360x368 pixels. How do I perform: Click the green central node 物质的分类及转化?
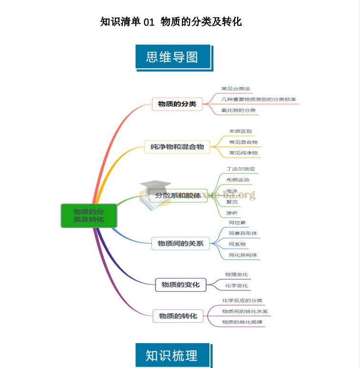pyautogui.click(x=89, y=215)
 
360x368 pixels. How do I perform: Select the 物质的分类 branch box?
pyautogui.click(x=177, y=104)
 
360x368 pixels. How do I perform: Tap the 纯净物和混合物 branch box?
pyautogui.click(x=177, y=147)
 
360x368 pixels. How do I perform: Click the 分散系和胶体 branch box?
pyautogui.click(x=178, y=195)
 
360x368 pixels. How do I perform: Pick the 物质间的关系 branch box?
pyautogui.click(x=180, y=243)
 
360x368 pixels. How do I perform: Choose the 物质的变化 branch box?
pyautogui.click(x=180, y=285)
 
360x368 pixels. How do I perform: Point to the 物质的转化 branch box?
pyautogui.click(x=178, y=316)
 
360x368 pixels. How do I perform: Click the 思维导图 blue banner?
pyautogui.click(x=172, y=57)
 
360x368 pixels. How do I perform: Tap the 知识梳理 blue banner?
pyautogui.click(x=172, y=355)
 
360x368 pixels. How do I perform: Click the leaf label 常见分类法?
pyautogui.click(x=235, y=89)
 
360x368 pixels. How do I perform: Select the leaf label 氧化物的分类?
pyautogui.click(x=238, y=110)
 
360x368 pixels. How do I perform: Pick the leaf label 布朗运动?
pyautogui.click(x=238, y=180)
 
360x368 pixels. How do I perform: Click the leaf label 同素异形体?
pyautogui.click(x=243, y=233)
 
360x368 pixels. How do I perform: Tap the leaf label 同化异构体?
pyautogui.click(x=243, y=255)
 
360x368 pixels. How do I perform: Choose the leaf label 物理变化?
pyautogui.click(x=236, y=275)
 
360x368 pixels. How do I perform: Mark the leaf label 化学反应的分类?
pyautogui.click(x=242, y=301)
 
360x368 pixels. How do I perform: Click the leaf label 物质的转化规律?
pyautogui.click(x=242, y=322)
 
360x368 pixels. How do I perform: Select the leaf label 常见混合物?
pyautogui.click(x=243, y=142)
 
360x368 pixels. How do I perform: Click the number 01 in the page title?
pyautogui.click(x=149, y=22)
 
